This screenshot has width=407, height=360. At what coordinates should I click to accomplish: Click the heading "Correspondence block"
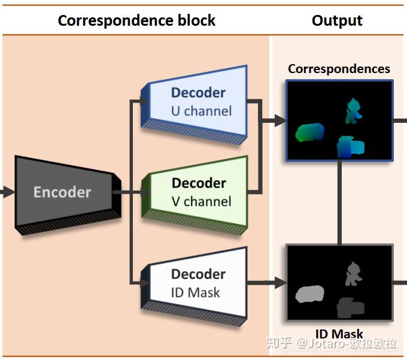pos(136,20)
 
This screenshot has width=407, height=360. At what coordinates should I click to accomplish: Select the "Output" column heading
pos(337,20)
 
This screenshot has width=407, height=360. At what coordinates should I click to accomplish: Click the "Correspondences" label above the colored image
pos(339,69)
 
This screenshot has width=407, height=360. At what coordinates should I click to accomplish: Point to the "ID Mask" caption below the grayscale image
pos(339,334)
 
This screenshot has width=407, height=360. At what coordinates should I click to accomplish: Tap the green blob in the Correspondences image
pos(309,132)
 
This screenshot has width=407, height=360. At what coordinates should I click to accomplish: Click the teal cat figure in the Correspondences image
pos(353,111)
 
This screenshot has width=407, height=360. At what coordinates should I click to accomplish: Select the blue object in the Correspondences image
pos(351,147)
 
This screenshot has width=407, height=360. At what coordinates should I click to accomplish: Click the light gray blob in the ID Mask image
pos(309,294)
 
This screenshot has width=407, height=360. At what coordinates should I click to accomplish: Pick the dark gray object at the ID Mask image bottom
pos(350,307)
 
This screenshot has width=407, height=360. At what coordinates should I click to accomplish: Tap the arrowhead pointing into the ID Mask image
pos(280,282)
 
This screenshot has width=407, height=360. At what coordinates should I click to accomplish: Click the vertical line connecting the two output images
pos(340,202)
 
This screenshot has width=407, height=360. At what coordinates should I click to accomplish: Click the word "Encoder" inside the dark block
pos(62,192)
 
